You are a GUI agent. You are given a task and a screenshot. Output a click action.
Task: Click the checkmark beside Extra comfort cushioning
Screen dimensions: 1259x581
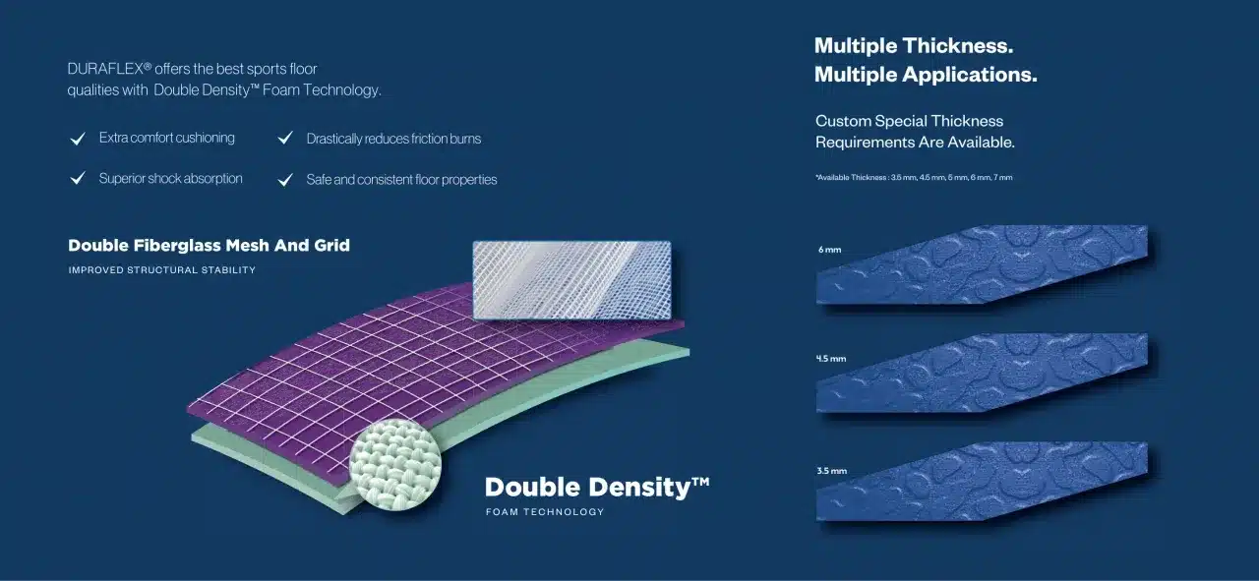click(x=78, y=139)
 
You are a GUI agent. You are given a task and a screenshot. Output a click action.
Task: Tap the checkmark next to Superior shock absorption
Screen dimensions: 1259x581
click(x=78, y=178)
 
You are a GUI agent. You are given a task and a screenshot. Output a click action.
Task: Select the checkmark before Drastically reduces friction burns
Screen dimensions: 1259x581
click(x=285, y=138)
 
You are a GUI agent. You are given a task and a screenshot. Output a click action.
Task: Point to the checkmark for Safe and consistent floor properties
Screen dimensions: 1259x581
click(x=285, y=179)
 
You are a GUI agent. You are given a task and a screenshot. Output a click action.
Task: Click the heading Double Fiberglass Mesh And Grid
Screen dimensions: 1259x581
click(x=209, y=246)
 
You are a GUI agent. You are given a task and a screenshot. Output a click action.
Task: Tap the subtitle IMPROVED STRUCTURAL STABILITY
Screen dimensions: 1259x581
click(x=162, y=270)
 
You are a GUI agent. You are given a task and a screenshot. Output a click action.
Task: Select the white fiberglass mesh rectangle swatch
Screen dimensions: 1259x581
click(x=572, y=280)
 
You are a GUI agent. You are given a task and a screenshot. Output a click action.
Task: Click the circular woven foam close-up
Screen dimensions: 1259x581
click(x=395, y=465)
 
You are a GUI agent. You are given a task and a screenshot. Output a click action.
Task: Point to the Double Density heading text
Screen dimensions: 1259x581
click(x=597, y=488)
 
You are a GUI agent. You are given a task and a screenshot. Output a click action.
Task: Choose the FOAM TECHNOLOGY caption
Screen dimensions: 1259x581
click(x=545, y=512)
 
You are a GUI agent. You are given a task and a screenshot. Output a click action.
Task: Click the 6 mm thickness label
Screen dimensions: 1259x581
click(x=829, y=250)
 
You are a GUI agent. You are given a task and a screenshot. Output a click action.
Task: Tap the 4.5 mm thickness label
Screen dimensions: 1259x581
click(x=831, y=359)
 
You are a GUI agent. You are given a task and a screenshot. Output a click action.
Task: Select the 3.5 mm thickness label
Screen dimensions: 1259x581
click(x=832, y=471)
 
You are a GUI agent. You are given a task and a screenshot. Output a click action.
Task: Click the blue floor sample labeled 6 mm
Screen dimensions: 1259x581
click(x=982, y=264)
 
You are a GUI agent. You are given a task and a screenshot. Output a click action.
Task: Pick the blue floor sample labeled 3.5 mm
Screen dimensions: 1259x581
click(x=982, y=482)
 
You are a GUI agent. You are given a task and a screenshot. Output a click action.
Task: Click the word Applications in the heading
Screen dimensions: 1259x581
click(x=970, y=76)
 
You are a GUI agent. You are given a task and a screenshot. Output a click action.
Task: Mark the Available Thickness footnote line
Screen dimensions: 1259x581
click(x=914, y=178)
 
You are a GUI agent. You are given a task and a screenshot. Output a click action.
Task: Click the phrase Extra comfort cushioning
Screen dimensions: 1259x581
click(x=167, y=138)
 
